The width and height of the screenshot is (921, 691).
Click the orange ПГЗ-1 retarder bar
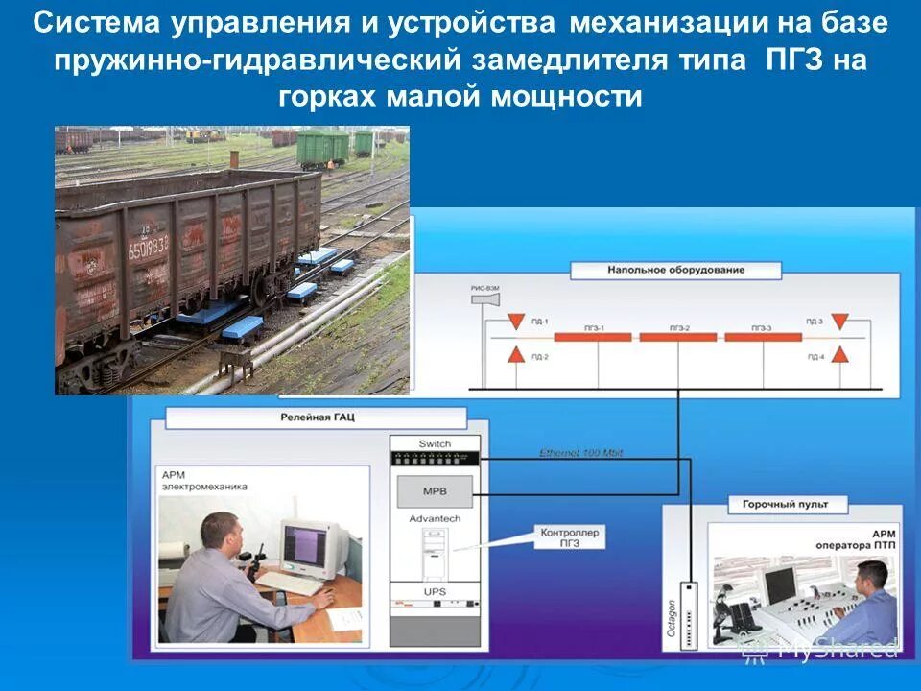pos(593,337)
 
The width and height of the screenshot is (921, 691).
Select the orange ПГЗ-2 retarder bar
pos(678,337)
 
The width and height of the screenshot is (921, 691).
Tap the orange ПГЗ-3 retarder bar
pos(763,337)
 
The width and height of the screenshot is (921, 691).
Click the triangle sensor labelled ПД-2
pos(516,355)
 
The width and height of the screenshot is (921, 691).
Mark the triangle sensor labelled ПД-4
pos(840,355)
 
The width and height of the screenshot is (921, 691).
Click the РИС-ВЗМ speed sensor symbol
pos(485,299)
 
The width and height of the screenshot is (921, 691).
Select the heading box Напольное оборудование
pos(675,271)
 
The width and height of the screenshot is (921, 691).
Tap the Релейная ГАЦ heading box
pos(317,418)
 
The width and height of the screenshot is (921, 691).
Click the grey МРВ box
pos(435,492)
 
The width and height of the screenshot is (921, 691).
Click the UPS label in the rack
pos(435,592)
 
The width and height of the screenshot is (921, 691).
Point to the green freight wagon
pos(322,147)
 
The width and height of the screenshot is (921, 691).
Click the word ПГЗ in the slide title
pos(793,60)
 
